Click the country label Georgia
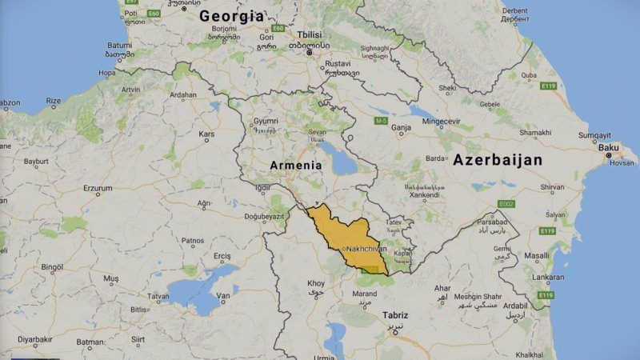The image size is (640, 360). (x=231, y=16)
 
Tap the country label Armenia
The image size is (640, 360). (x=295, y=165)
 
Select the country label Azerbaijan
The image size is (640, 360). (x=497, y=160)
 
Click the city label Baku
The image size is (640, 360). (x=609, y=147)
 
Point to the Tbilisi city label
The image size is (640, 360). (x=309, y=35)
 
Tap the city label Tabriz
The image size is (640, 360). (x=395, y=315)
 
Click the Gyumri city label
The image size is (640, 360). (x=266, y=120)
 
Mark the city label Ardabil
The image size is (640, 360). (x=515, y=304)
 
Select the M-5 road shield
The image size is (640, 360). (x=381, y=120)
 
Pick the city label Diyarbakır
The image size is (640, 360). (x=35, y=339)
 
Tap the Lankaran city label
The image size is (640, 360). (x=527, y=277)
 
